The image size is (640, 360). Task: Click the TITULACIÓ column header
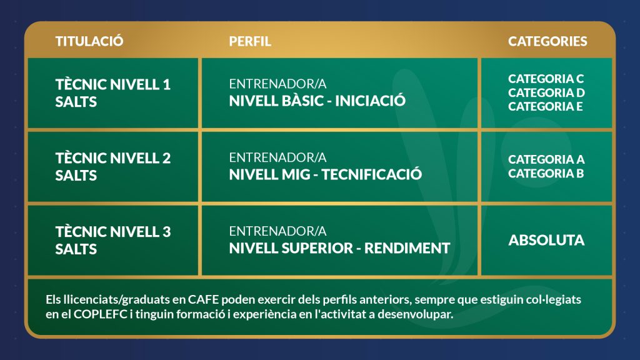click(x=89, y=41)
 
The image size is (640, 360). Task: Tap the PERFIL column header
click(x=250, y=41)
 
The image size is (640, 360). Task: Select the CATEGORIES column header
click(x=547, y=41)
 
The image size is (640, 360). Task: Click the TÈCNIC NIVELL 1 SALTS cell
click(x=113, y=93)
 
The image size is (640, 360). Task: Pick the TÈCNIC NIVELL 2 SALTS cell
click(x=113, y=166)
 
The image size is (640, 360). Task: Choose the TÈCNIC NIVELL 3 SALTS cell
click(x=113, y=240)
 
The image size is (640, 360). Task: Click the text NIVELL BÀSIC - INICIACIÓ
click(x=317, y=101)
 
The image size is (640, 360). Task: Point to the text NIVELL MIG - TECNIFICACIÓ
click(x=325, y=174)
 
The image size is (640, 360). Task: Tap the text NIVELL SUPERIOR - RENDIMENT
click(x=339, y=247)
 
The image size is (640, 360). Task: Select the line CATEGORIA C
click(x=546, y=78)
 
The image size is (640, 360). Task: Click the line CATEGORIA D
click(x=546, y=92)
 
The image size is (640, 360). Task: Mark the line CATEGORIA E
click(x=545, y=106)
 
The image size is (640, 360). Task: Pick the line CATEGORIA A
click(x=546, y=159)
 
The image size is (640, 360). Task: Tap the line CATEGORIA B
click(x=546, y=174)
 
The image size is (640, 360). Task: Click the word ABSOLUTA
click(x=546, y=240)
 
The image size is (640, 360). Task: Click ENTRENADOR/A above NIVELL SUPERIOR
click(x=277, y=231)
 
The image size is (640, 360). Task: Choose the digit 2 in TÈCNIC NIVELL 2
click(x=166, y=158)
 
